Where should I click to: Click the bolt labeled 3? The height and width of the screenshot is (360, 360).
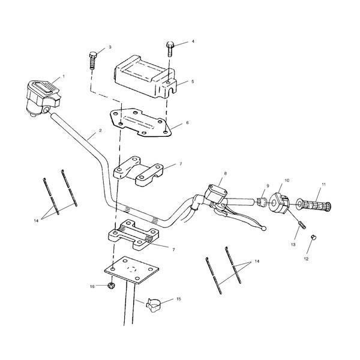coord(92,61)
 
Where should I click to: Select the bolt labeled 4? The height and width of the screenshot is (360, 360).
coord(170,49)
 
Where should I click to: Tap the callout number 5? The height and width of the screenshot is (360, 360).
coord(193,82)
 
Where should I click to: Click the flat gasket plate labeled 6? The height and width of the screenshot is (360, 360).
coord(141,123)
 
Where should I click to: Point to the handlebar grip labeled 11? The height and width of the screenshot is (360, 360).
coord(314,205)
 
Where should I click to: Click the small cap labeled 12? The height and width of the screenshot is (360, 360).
coord(313,237)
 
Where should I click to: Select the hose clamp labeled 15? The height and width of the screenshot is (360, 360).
coord(153,305)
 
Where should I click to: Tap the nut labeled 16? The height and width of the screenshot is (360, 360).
coord(111,286)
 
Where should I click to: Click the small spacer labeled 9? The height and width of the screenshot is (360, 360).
coord(261,202)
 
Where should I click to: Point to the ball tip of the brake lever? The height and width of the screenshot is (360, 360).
coord(264,228)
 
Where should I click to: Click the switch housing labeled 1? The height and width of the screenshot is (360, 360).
coord(43,98)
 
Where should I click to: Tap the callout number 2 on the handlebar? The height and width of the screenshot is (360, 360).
coord(100,130)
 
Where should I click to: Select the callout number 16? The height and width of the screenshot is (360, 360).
coord(92,287)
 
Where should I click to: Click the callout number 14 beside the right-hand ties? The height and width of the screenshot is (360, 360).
coord(257,261)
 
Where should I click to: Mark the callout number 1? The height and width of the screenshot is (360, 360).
coord(64,76)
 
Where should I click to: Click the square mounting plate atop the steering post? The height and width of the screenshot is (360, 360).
coord(132,270)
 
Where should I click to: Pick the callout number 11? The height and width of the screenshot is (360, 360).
coord(323,184)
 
